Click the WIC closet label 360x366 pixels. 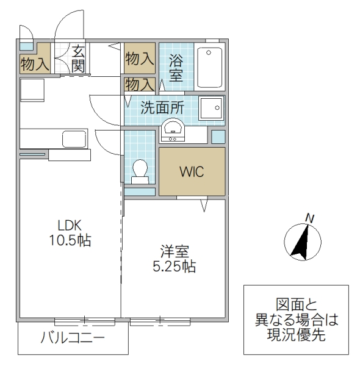(192, 171)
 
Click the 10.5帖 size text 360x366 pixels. (70, 240)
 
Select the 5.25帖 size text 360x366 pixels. (173, 267)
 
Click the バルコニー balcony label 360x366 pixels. (73, 337)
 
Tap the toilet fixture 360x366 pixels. (140, 170)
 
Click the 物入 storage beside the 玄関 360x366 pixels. (34, 63)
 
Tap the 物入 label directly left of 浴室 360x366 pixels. (140, 59)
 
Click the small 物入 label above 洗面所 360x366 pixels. (140, 84)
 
